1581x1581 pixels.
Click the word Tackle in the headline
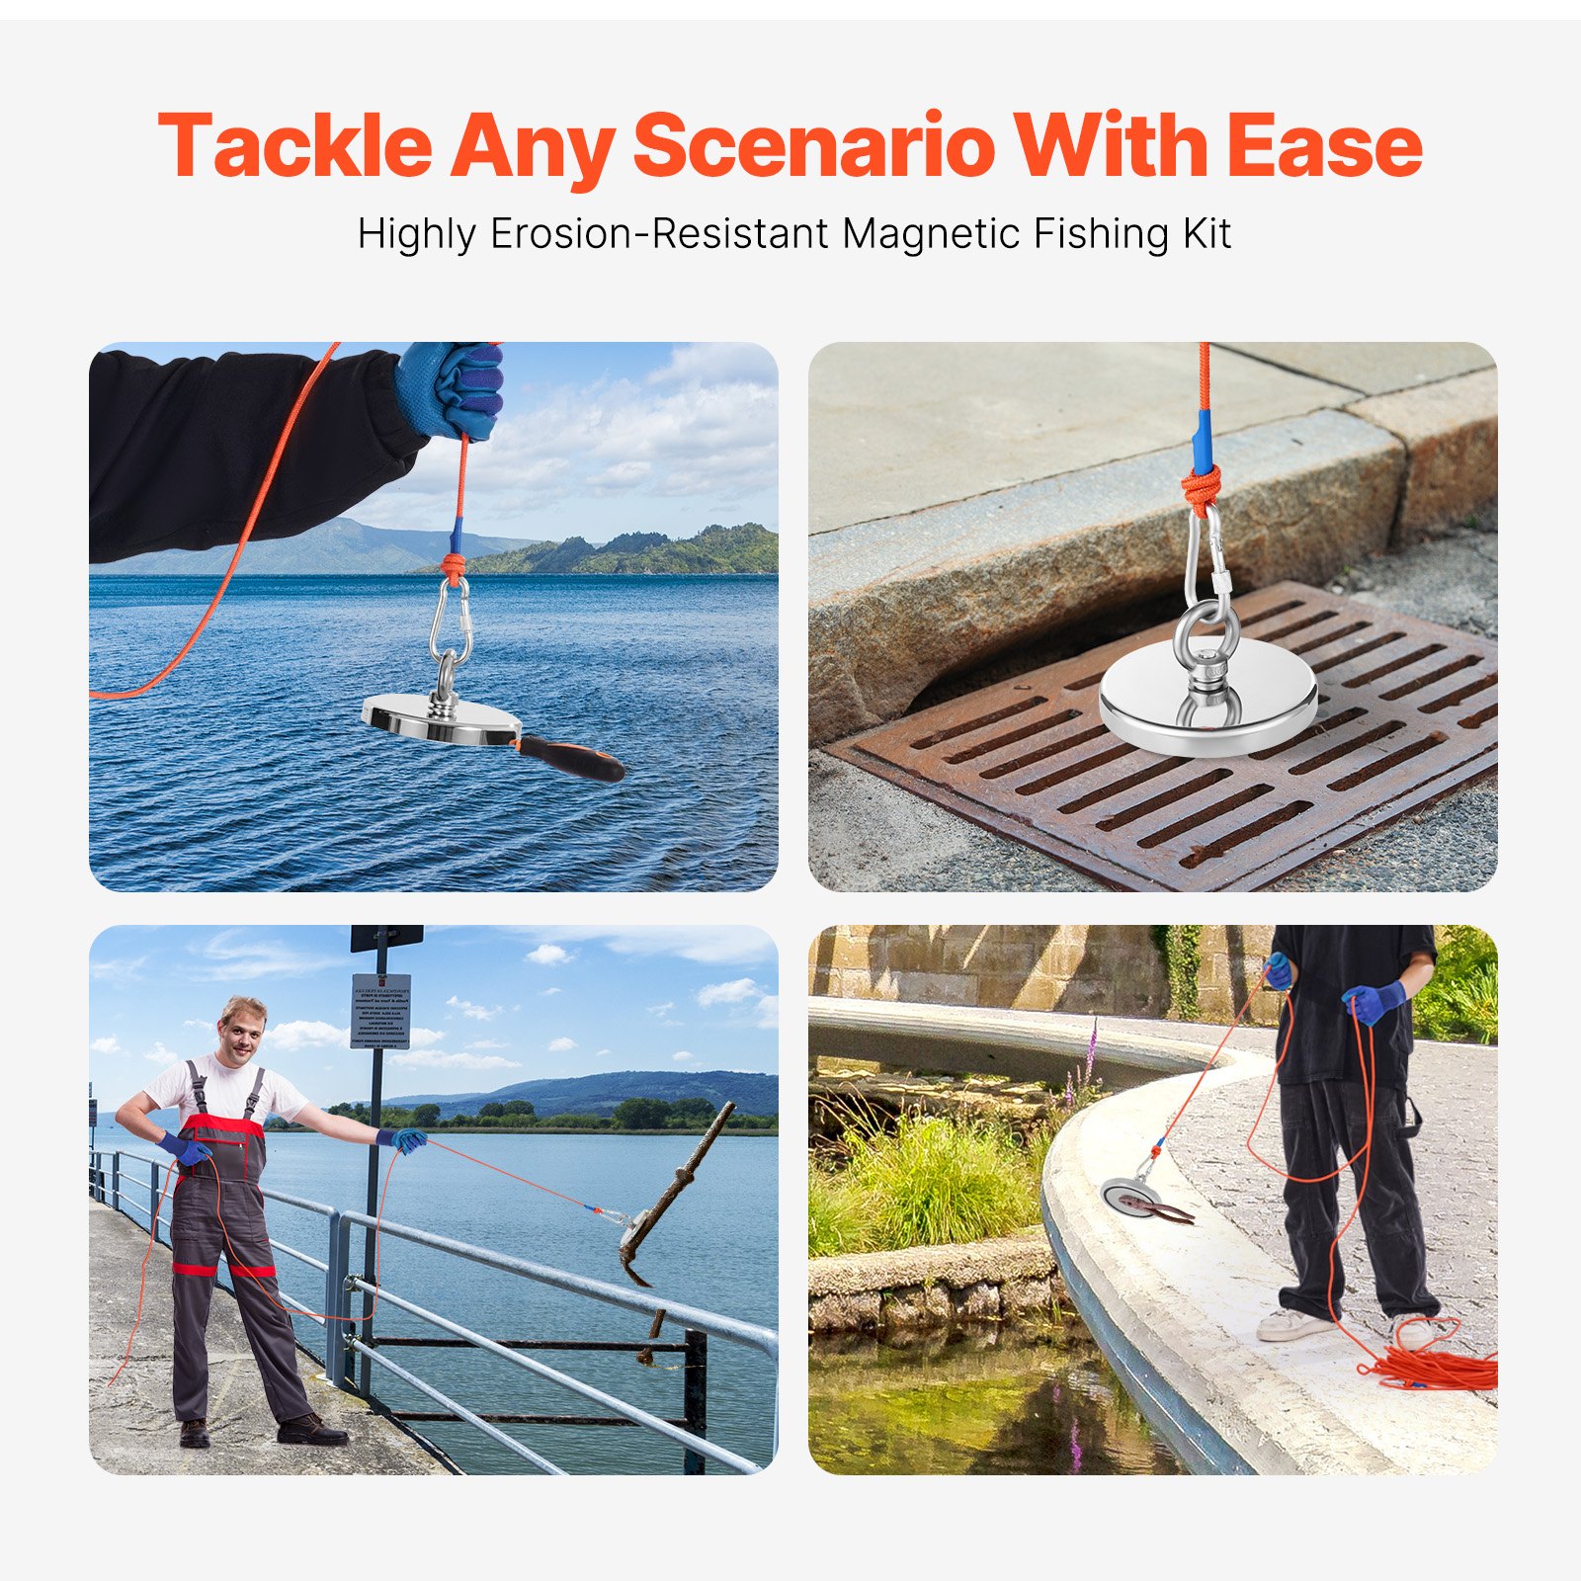tap(294, 146)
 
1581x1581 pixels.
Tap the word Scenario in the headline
tap(813, 146)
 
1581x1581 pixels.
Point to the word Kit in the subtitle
tap(1207, 234)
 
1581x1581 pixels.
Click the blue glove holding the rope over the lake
tap(453, 389)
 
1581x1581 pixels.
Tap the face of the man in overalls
tap(241, 1031)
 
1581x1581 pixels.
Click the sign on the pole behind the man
tap(380, 1010)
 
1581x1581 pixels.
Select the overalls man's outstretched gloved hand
tap(405, 1140)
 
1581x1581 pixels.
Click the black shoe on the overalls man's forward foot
tap(310, 1429)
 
